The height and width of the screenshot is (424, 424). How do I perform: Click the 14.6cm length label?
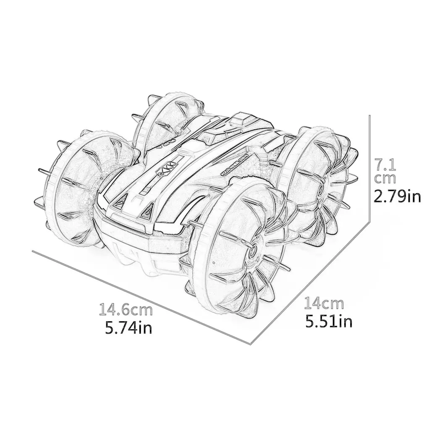126,311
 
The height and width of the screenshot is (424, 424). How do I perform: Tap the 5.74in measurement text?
128,327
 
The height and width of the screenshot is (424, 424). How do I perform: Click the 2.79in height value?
396,196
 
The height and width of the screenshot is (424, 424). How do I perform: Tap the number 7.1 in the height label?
385,161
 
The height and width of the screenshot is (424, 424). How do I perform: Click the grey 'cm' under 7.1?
385,178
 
